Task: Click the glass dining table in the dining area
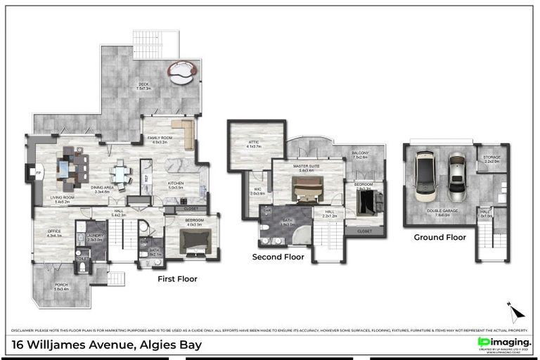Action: (x=120, y=174)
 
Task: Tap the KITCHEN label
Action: (x=176, y=184)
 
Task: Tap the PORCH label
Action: (x=61, y=285)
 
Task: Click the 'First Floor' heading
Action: (x=177, y=279)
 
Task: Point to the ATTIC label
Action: (x=254, y=143)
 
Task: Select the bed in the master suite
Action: (x=307, y=187)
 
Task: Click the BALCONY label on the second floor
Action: (x=360, y=153)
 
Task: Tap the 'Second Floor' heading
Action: (x=278, y=257)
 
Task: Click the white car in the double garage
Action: (x=426, y=174)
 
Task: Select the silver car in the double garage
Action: (x=458, y=176)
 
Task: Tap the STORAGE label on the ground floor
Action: (x=491, y=158)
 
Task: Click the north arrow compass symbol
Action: (x=515, y=311)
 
